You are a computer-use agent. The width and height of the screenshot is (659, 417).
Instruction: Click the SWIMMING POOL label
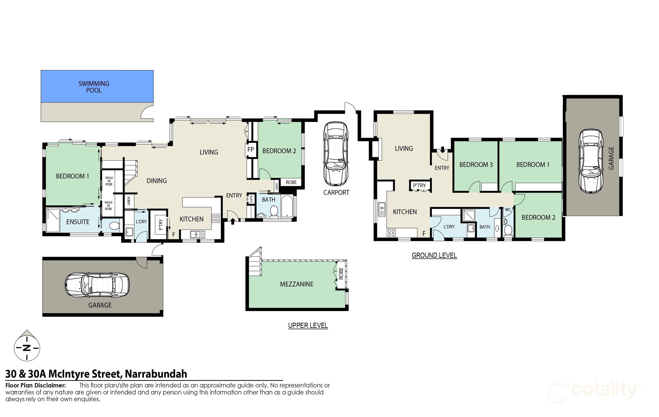click(94, 87)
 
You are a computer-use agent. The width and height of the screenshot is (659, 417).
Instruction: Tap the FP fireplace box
click(250, 149)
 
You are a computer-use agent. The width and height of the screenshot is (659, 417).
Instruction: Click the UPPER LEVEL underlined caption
click(308, 325)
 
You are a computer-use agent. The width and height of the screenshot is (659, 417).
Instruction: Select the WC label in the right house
click(508, 210)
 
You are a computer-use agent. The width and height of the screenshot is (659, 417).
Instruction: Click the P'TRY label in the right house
click(419, 186)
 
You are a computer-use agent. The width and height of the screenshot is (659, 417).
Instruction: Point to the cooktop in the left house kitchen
click(216, 218)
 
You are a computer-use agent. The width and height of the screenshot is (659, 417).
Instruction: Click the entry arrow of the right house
click(443, 150)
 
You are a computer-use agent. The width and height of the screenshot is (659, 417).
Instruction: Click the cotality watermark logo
click(594, 390)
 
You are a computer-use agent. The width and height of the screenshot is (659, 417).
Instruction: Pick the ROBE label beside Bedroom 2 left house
click(291, 182)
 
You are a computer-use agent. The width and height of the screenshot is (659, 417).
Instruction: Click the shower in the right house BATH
click(468, 215)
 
